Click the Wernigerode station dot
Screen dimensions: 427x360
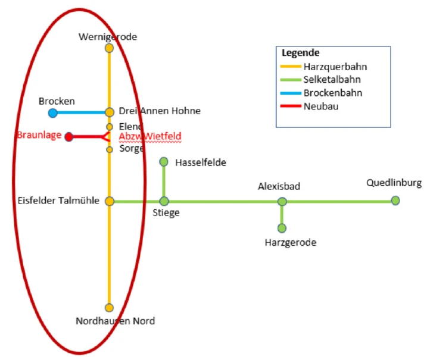pyautogui.click(x=109, y=48)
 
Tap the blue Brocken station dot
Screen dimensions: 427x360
pyautogui.click(x=53, y=112)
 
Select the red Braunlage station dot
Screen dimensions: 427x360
pyautogui.click(x=69, y=137)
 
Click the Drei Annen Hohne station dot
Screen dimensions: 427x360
pyautogui.click(x=110, y=112)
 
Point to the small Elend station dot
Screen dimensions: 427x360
pyautogui.click(x=110, y=127)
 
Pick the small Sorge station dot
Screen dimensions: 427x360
pyautogui.click(x=110, y=150)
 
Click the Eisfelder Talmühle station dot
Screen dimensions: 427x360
pyautogui.click(x=110, y=201)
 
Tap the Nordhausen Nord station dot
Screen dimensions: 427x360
pyautogui.click(x=109, y=308)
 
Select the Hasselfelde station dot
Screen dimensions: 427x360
pyautogui.click(x=164, y=162)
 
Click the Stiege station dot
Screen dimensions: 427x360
pyautogui.click(x=164, y=201)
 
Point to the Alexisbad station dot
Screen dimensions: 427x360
pyautogui.click(x=282, y=202)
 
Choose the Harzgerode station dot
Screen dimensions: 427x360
pyautogui.click(x=282, y=228)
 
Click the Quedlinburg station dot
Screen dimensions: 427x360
pyautogui.click(x=395, y=201)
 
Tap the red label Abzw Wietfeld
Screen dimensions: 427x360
pyautogui.click(x=150, y=136)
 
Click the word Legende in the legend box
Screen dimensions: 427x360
pyautogui.click(x=301, y=53)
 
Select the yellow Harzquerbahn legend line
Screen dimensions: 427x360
pyautogui.click(x=291, y=67)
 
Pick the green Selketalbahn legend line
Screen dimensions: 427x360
pyautogui.click(x=291, y=80)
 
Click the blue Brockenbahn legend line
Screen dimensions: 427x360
pyautogui.click(x=291, y=93)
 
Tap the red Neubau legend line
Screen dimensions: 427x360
pyautogui.click(x=291, y=106)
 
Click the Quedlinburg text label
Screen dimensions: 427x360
pyautogui.click(x=394, y=183)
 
